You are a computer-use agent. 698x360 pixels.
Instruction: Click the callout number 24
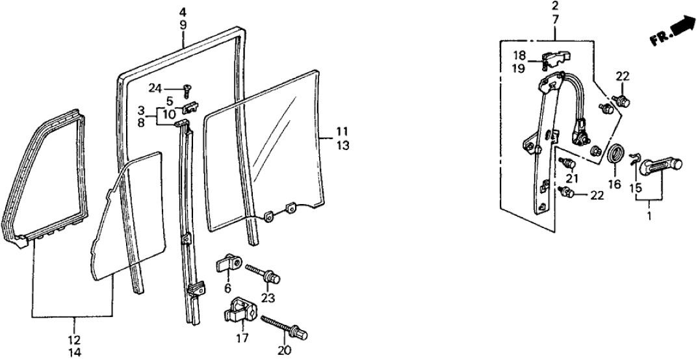tap(154, 88)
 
